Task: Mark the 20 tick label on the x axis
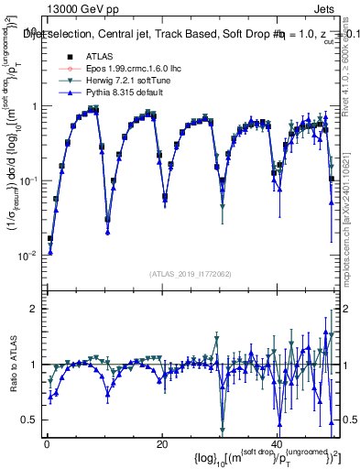[x=161, y=443]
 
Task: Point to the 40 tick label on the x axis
[x=276, y=443]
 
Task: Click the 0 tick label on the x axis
[x=47, y=443]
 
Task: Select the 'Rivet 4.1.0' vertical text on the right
[x=352, y=46]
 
